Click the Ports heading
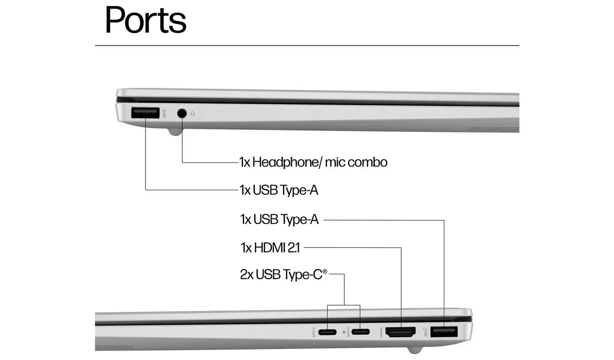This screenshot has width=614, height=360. (146, 20)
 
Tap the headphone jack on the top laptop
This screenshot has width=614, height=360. (182, 113)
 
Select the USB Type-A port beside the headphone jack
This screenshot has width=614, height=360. (145, 113)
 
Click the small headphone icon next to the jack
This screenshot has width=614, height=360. (192, 114)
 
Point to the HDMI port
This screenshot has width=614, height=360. (401, 332)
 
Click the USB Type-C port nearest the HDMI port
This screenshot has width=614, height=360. (360, 332)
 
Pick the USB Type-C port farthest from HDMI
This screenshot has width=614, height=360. (327, 332)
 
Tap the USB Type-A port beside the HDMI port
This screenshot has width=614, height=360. (444, 332)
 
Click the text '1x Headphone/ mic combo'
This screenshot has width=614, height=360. (313, 162)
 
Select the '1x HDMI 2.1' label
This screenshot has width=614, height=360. (270, 248)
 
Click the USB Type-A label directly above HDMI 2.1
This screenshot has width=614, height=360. (279, 220)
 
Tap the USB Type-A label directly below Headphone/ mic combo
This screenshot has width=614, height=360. (279, 190)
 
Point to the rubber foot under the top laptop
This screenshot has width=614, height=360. (175, 132)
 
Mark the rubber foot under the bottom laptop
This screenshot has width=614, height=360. (414, 350)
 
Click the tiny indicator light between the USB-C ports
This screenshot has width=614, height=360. (344, 332)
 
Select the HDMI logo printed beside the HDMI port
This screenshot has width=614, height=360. (381, 332)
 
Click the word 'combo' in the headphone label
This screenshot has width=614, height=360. (368, 162)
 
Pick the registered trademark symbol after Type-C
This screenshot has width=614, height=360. (325, 271)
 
